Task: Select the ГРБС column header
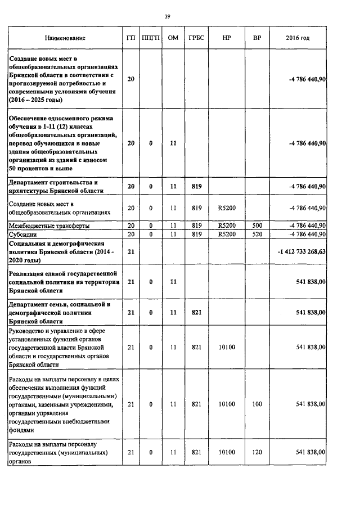click(196, 38)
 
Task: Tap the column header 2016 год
click(298, 38)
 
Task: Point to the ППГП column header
click(151, 38)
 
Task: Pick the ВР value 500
click(257, 226)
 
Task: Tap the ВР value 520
click(257, 234)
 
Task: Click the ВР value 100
click(257, 404)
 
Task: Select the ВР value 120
click(257, 452)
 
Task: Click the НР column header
click(227, 38)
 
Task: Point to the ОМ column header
click(173, 38)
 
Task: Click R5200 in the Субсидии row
click(227, 234)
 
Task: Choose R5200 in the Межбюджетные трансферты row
click(227, 226)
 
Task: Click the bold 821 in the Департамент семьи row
click(196, 312)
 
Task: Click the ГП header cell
click(131, 38)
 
